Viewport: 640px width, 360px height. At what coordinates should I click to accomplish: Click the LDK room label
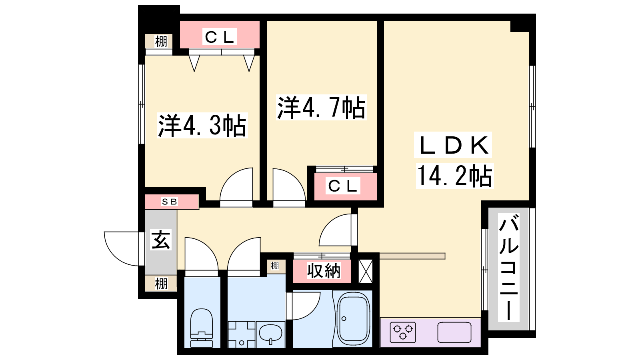(453, 145)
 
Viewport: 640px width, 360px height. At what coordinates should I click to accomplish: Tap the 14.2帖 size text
(455, 176)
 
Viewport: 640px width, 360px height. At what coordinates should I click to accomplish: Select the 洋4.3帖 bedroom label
(202, 126)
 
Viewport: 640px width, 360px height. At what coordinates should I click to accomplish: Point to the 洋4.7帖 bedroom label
(321, 107)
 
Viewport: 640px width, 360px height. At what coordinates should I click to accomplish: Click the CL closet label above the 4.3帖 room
(220, 36)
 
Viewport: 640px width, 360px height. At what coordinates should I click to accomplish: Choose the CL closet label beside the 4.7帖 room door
(342, 186)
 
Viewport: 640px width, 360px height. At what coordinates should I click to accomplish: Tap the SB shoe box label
(170, 202)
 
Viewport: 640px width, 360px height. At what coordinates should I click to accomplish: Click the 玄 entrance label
(161, 240)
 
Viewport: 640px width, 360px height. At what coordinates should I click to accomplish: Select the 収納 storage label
(324, 270)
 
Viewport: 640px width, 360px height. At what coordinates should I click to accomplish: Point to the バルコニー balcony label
(508, 268)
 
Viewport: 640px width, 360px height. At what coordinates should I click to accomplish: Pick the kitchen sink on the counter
(454, 332)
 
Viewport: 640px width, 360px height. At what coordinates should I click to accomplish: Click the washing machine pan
(242, 334)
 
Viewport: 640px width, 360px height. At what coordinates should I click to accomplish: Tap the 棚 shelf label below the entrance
(161, 284)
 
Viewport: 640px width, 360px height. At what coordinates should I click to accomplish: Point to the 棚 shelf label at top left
(161, 42)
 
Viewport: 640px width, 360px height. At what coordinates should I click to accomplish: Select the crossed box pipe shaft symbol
(366, 271)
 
